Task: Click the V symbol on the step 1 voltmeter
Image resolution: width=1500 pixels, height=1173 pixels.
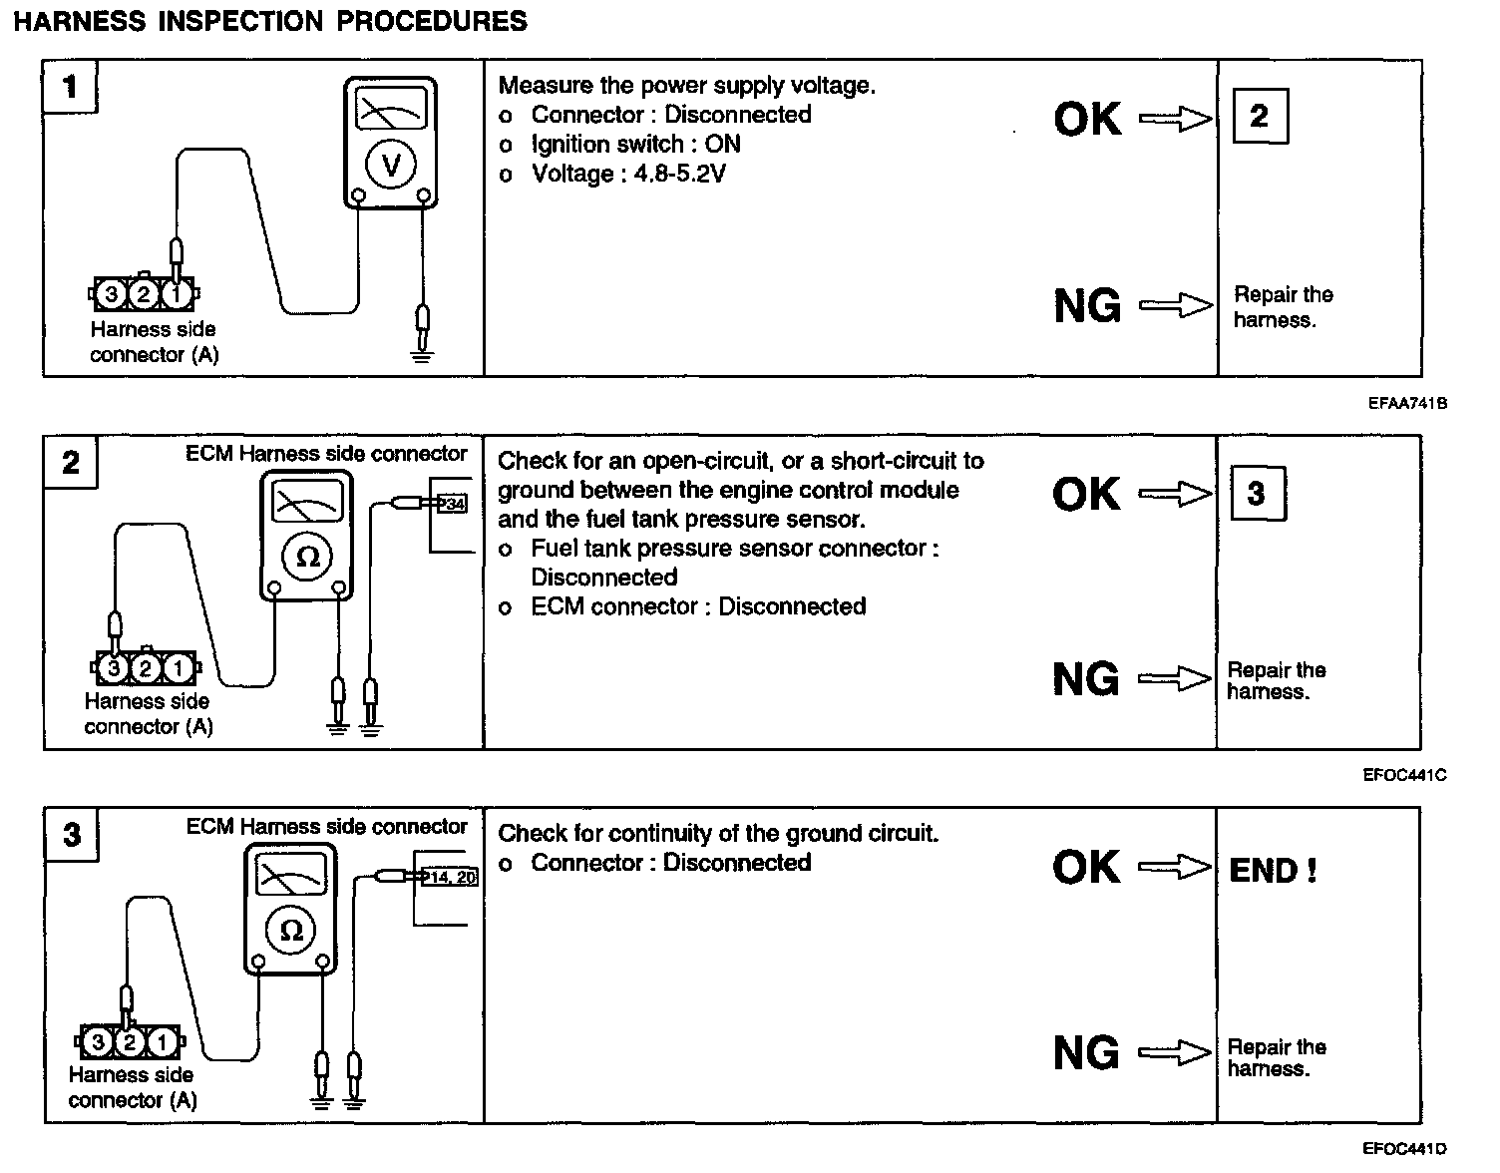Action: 391,166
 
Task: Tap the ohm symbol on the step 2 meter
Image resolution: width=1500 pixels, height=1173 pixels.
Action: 308,558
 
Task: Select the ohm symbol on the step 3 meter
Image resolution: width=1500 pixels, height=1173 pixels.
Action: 291,931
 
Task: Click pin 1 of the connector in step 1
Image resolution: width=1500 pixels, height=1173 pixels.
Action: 176,294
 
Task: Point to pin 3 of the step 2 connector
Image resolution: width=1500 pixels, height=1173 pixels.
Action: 115,667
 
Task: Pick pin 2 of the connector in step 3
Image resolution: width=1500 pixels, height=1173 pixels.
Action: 129,1042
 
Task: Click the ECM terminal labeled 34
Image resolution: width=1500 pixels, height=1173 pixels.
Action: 454,505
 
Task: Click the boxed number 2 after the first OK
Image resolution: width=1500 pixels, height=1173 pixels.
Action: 1259,117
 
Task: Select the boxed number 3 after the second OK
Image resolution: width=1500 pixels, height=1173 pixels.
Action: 1256,493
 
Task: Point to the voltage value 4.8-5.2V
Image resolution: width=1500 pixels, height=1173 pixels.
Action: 678,175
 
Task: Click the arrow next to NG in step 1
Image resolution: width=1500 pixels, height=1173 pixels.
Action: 1175,304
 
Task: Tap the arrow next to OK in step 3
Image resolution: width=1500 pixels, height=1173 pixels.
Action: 1175,867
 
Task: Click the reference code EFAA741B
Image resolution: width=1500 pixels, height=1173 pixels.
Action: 1407,403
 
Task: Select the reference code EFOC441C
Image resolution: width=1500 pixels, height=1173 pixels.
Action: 1405,775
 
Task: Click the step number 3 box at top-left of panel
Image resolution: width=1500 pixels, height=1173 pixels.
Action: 72,834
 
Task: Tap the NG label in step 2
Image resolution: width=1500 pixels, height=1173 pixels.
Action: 1086,679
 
